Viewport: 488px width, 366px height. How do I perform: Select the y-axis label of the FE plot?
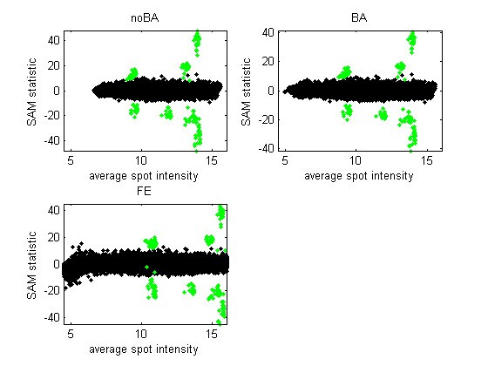[x=33, y=264]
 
